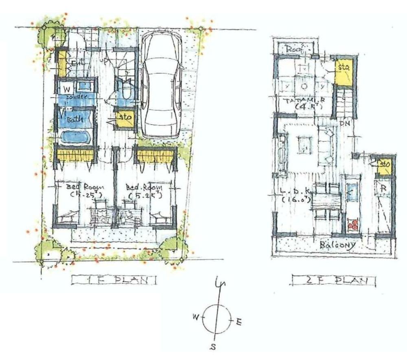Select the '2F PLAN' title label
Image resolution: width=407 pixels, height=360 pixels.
[334, 280]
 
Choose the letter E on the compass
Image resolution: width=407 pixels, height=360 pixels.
[239, 323]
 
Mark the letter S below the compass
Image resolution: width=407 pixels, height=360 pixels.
[212, 347]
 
